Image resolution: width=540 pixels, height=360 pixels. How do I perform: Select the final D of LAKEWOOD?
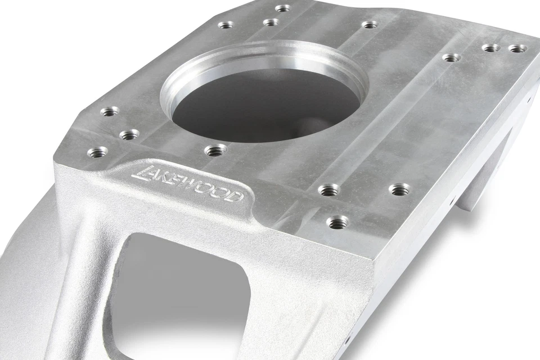(237, 197)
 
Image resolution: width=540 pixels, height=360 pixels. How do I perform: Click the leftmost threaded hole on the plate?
(97, 152)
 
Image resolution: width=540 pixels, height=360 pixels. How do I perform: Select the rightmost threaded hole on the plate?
(517, 48)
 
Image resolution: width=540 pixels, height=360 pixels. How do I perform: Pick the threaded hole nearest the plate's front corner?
(337, 222)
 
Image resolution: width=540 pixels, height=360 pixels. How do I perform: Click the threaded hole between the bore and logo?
(215, 150)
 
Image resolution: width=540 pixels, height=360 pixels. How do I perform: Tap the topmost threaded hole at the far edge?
(282, 8)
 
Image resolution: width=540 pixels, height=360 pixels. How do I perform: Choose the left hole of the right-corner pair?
(490, 48)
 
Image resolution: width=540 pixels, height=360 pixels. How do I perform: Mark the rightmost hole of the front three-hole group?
(399, 189)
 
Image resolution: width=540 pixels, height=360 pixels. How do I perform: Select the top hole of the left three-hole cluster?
(110, 111)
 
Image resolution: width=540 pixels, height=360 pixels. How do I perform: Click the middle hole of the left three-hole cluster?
(129, 134)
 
